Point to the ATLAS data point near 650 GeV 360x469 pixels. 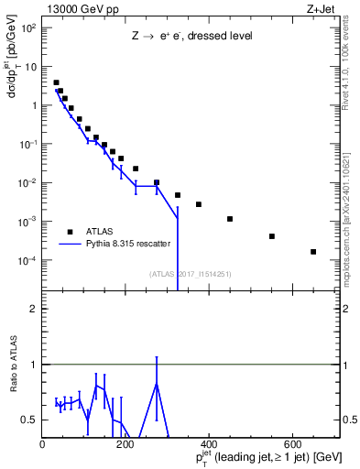pyautogui.click(x=313, y=252)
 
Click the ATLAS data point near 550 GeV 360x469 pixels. pyautogui.click(x=272, y=236)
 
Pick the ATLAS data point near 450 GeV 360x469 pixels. pyautogui.click(x=230, y=219)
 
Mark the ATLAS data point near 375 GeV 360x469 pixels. pyautogui.click(x=199, y=204)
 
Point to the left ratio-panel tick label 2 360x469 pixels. pyautogui.click(x=33, y=308)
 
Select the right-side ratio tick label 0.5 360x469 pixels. pyautogui.click(x=349, y=420)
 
